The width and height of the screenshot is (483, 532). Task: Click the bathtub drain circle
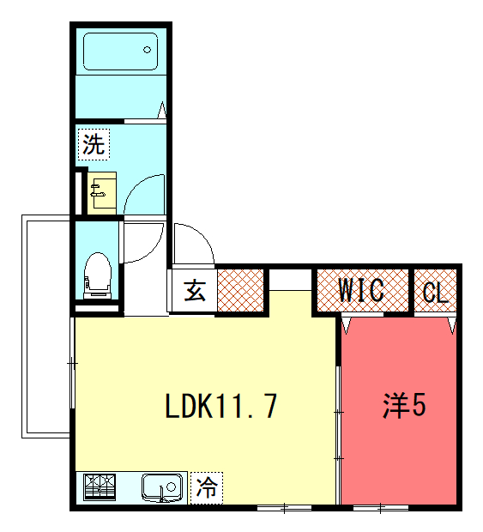(x=147, y=50)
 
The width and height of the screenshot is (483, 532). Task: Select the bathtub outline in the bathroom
(x=120, y=51)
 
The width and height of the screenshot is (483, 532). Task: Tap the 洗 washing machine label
(x=94, y=144)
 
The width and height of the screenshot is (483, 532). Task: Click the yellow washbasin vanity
(x=102, y=193)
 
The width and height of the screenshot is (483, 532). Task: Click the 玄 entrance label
(x=195, y=290)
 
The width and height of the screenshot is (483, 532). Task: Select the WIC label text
(x=361, y=290)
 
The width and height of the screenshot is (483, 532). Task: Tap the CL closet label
(x=435, y=292)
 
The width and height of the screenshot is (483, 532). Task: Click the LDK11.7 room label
(x=221, y=406)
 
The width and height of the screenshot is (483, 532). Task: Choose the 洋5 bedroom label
(x=404, y=406)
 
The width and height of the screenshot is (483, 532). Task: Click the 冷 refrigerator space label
(x=207, y=487)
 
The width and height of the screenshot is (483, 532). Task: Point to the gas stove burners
(x=100, y=487)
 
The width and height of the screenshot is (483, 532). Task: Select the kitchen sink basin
(x=162, y=487)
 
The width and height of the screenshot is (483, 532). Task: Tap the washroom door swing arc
(x=135, y=186)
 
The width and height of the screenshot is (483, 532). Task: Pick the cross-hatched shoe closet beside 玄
(x=240, y=290)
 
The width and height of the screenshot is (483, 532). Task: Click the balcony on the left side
(x=46, y=326)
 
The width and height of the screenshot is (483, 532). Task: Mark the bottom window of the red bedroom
(x=381, y=508)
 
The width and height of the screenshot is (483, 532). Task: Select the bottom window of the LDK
(x=284, y=508)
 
